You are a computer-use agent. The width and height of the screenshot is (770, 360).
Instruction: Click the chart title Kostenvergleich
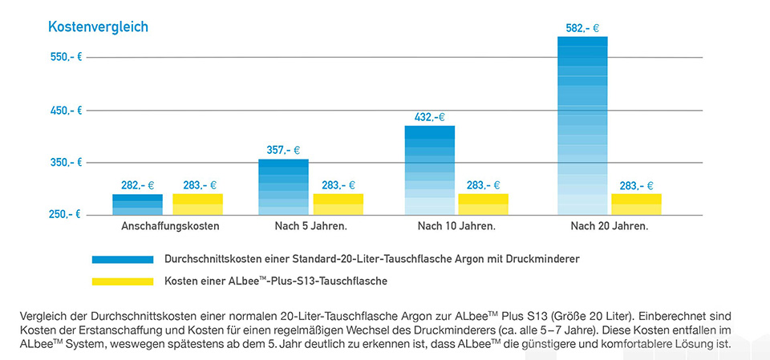[x=98, y=27]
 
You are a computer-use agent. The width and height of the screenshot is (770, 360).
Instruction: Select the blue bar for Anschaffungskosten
[x=137, y=205]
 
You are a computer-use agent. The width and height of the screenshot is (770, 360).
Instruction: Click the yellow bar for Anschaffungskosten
[x=197, y=204]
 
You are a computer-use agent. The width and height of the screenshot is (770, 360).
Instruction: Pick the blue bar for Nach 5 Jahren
[x=283, y=188]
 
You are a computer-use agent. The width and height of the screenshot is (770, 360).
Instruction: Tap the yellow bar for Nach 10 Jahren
[x=483, y=204]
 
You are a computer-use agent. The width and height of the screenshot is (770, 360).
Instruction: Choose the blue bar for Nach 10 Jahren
[x=429, y=171]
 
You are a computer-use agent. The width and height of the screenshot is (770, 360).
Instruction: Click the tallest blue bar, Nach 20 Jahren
[x=582, y=127]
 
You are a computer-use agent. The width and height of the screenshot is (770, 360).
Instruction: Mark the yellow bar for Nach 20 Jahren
[x=636, y=204]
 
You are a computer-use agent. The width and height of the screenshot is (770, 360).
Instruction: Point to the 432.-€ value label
[x=429, y=117]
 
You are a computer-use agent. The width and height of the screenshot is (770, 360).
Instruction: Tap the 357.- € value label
[x=283, y=150]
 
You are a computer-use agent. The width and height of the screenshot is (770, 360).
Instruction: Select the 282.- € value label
[x=137, y=185]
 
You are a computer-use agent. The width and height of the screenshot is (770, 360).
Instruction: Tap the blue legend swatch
[x=122, y=260]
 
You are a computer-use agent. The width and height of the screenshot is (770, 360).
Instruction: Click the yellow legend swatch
[x=122, y=281]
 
